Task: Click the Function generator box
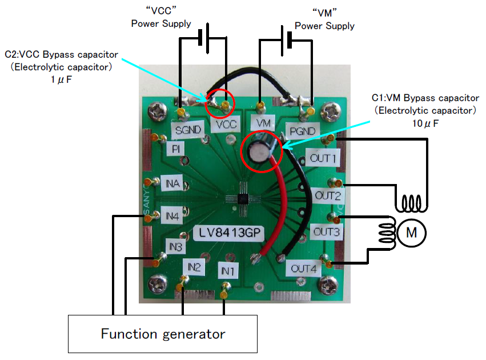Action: [163, 334]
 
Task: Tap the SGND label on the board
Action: [188, 130]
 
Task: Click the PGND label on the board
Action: [300, 131]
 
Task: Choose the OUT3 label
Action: [326, 232]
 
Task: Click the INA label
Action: [174, 184]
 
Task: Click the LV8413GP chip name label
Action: [223, 233]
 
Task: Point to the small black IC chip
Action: [243, 199]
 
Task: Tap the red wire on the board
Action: [278, 206]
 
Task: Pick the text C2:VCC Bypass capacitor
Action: [62, 55]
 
